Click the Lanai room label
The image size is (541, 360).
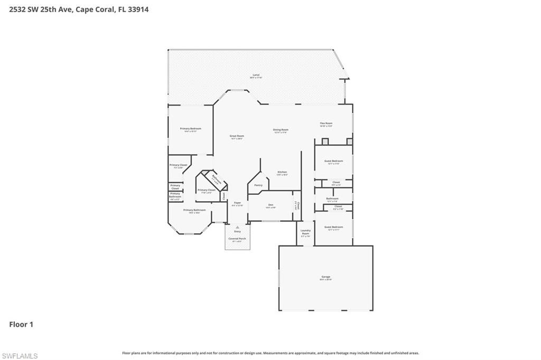click(x=256, y=75)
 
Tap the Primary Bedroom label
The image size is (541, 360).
click(x=190, y=129)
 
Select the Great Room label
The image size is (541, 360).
click(x=237, y=136)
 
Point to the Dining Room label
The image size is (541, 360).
click(x=281, y=130)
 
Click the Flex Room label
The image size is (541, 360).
click(x=326, y=124)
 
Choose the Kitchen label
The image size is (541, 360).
click(x=282, y=172)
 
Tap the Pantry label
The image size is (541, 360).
click(x=258, y=185)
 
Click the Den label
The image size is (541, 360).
click(x=270, y=205)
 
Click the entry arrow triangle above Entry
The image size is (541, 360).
click(x=237, y=228)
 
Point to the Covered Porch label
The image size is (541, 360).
click(x=237, y=239)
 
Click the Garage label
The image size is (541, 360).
click(x=325, y=277)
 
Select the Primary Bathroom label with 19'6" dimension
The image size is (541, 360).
click(x=194, y=210)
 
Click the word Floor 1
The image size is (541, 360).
click(x=21, y=325)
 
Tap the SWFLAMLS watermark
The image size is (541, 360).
click(x=20, y=356)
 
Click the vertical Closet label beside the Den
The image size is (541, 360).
click(x=298, y=205)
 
